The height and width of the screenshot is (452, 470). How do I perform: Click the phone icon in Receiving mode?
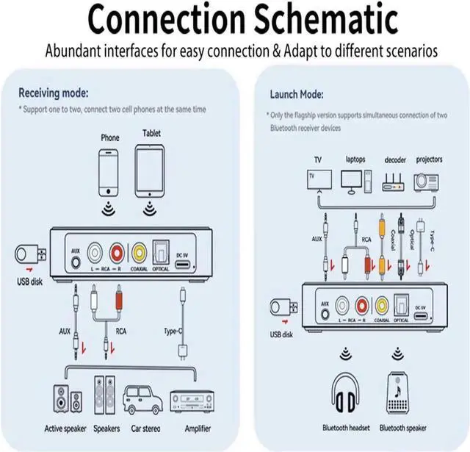point(109,173)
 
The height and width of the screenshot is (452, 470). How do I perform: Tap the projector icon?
point(429,180)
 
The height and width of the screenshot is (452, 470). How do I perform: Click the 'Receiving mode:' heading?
point(53,94)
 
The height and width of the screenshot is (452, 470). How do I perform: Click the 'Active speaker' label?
point(65,428)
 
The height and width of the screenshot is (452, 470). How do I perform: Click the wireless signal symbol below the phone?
point(109,208)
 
